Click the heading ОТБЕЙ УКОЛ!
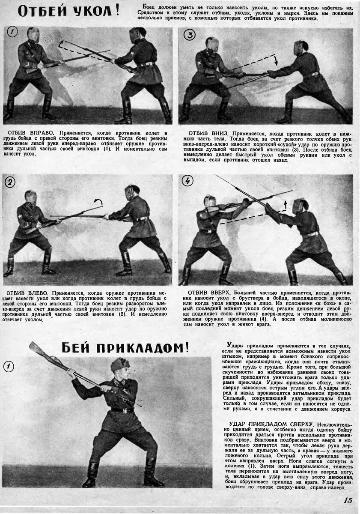[68, 11]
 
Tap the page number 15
[348, 500]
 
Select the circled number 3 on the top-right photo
[189, 35]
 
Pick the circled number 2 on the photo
[9, 182]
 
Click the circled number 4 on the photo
[187, 181]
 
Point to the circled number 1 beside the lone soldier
[9, 366]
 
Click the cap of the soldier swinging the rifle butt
[120, 365]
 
